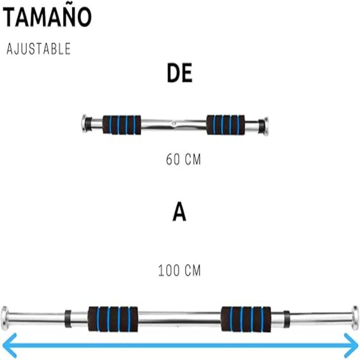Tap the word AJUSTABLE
point(39,49)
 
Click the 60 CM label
point(183,160)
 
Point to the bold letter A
point(179,213)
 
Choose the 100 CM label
point(179,271)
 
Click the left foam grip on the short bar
point(121,125)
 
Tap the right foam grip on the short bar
point(226,125)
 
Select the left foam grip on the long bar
point(112,319)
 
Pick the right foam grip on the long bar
point(246,319)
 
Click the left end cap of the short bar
point(84,125)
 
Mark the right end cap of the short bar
point(266,126)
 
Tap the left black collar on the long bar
point(68,319)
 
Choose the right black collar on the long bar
point(287,319)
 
